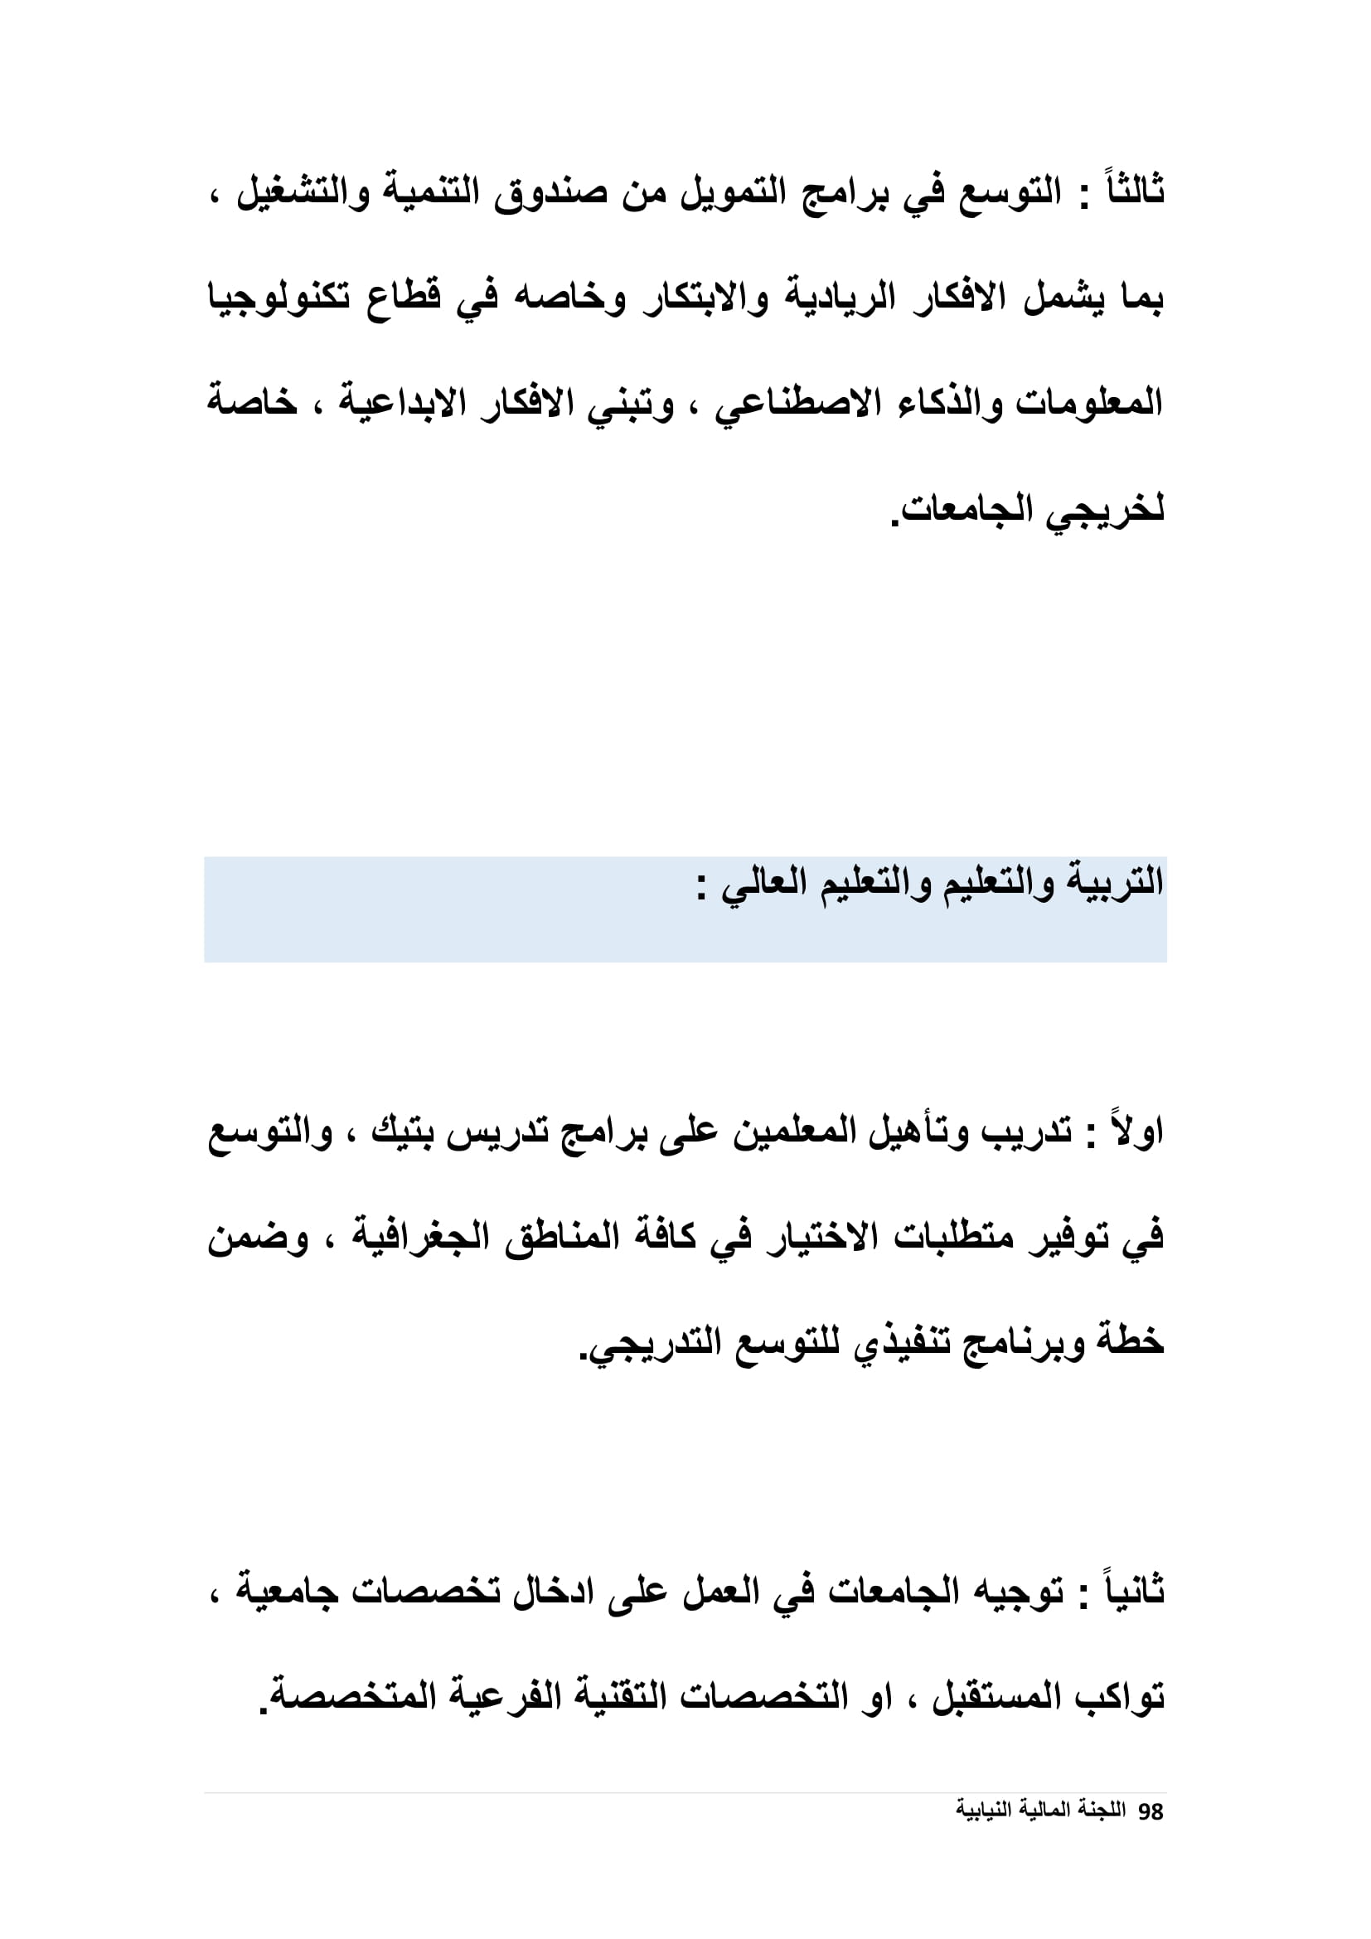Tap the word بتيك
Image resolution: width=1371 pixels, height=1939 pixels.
405,1132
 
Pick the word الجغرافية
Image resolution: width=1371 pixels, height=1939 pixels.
421,1238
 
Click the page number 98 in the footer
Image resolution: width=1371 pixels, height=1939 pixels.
1151,1811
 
